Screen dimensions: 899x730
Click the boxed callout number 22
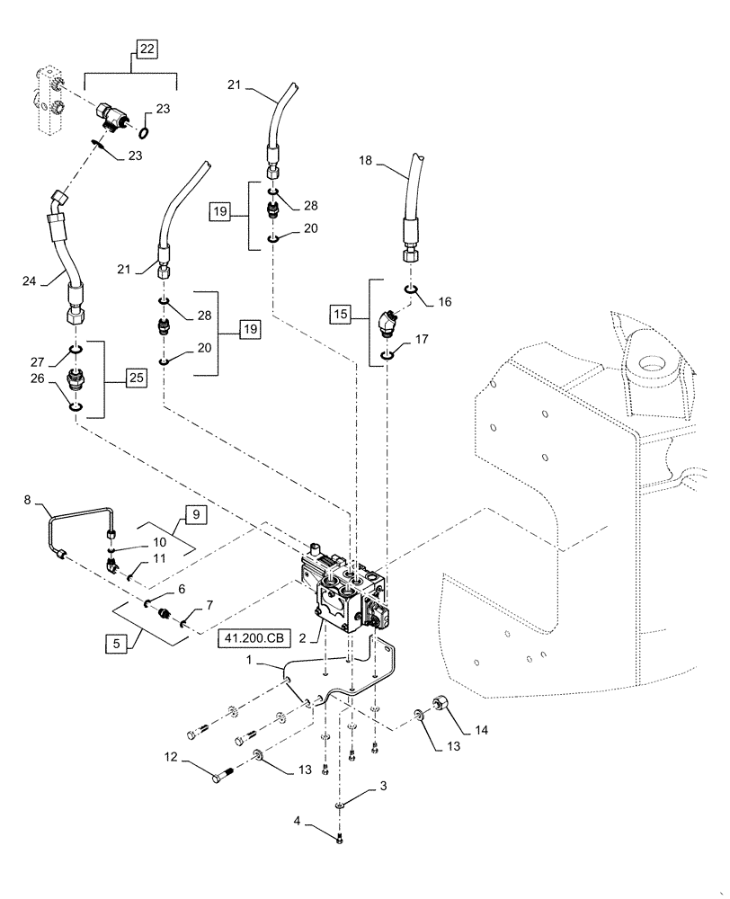[147, 49]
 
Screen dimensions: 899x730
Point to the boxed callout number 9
[196, 515]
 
